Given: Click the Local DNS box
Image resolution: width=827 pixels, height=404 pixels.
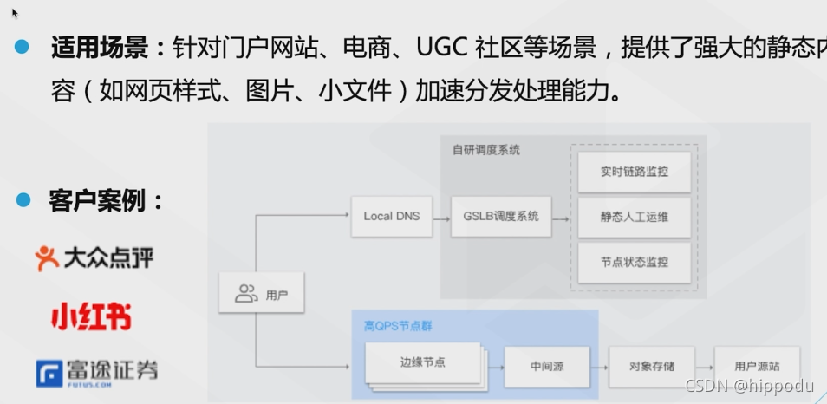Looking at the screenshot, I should [x=391, y=216].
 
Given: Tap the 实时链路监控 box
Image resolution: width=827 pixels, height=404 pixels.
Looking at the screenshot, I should [x=635, y=172].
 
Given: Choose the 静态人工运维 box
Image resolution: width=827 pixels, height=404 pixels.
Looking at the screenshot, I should [x=635, y=217].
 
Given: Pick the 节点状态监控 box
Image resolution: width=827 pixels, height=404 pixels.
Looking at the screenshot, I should [x=635, y=262].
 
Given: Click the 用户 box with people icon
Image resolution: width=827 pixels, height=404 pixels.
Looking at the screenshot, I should [x=261, y=295].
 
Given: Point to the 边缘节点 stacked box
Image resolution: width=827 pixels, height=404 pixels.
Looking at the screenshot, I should [x=424, y=362].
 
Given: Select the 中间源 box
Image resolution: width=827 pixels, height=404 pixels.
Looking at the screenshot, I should [x=547, y=367].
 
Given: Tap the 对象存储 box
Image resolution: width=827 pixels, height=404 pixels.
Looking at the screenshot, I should [x=651, y=367].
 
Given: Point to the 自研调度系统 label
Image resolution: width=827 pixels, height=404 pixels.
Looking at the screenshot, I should [x=486, y=150].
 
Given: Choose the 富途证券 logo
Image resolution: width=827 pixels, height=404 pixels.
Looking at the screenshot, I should [x=97, y=372].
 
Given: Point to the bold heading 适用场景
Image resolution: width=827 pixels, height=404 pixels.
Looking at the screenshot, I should [x=99, y=48].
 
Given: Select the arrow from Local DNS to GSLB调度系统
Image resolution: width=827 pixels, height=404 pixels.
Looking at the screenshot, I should [x=441, y=216].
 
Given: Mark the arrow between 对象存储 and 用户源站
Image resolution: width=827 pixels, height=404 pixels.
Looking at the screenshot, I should [x=702, y=367].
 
